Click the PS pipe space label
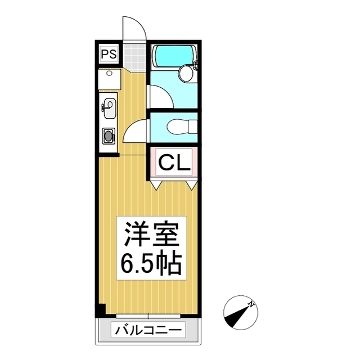[x=109, y=55]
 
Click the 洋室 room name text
[x=150, y=235]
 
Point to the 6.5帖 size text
[x=150, y=262]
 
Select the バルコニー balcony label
[x=148, y=330]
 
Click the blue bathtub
[x=174, y=55]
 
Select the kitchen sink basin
[x=109, y=107]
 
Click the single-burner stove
[x=108, y=135]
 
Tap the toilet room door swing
[x=135, y=133]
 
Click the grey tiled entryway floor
[x=134, y=55]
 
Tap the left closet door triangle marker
[x=156, y=184]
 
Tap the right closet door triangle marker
[x=192, y=184]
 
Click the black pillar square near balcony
[x=101, y=309]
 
